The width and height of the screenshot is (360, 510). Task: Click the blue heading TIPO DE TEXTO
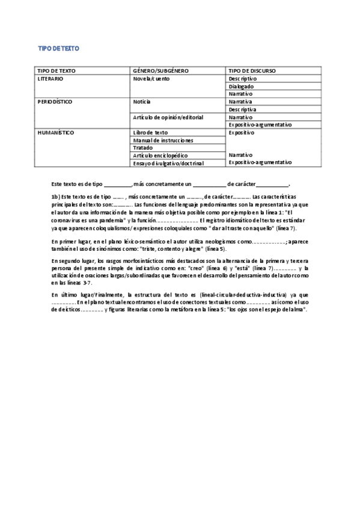tap(59, 48)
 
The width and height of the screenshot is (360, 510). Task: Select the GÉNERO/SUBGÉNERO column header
tap(160, 71)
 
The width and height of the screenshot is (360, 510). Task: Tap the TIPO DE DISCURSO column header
tap(252, 71)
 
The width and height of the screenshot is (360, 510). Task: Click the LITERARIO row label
tap(50, 79)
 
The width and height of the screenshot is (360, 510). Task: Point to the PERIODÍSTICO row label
tap(55, 102)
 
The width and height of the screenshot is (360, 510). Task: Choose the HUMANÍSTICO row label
tap(55, 132)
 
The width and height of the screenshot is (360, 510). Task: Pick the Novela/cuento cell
tap(151, 79)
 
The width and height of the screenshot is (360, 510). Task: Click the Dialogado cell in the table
tap(242, 87)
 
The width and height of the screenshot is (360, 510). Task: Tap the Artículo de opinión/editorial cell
tap(168, 117)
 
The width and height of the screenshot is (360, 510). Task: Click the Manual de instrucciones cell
tap(163, 140)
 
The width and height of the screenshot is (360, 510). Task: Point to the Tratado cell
tap(142, 148)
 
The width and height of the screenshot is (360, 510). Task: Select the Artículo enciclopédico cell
tap(160, 155)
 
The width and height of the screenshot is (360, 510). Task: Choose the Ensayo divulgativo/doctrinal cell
tap(168, 163)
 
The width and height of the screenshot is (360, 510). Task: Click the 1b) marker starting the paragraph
tap(55, 197)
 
